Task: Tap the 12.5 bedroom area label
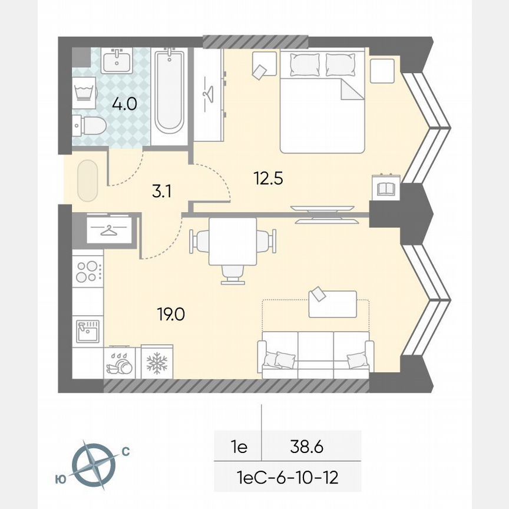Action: (x=269, y=177)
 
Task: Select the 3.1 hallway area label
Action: (x=160, y=190)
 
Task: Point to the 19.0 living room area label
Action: (x=171, y=315)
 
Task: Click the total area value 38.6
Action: (x=306, y=447)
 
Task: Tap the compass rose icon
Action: (x=93, y=462)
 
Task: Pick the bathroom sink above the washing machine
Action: (x=117, y=60)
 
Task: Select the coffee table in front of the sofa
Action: (x=333, y=303)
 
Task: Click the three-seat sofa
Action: (x=315, y=353)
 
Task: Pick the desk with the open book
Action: (x=385, y=189)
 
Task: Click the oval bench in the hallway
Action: (x=87, y=180)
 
